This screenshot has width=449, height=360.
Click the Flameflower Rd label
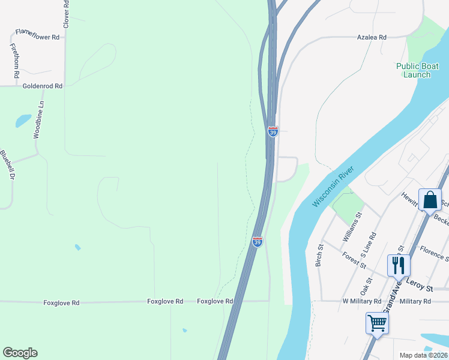[37, 37]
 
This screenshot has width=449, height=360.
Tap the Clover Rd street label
[66, 13]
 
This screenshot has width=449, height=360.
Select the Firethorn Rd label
[14, 60]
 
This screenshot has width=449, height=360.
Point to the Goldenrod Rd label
[42, 86]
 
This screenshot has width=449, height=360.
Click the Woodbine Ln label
[38, 120]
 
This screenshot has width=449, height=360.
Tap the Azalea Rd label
[372, 37]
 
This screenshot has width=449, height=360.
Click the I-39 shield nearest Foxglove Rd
[257, 242]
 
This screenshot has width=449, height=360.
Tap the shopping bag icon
[430, 200]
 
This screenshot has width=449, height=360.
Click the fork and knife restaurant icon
[399, 265]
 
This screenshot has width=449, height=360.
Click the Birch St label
[320, 255]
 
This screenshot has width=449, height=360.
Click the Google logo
[20, 353]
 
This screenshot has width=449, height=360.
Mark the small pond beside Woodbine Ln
[23, 121]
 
